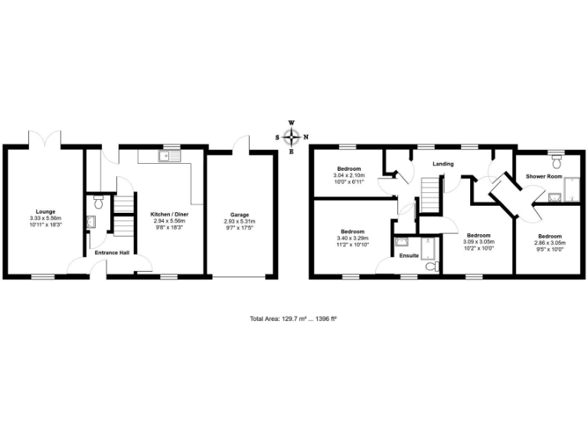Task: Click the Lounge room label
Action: pyautogui.click(x=46, y=211)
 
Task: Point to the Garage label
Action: pyautogui.click(x=239, y=215)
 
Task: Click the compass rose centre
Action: pyautogui.click(x=291, y=138)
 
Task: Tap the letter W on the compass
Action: pyautogui.click(x=291, y=122)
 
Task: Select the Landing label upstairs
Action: pyautogui.click(x=443, y=164)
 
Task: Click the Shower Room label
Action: pyautogui.click(x=544, y=176)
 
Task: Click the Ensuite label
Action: pyautogui.click(x=409, y=255)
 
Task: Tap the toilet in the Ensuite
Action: pyautogui.click(x=430, y=266)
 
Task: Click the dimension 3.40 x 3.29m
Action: pyautogui.click(x=352, y=238)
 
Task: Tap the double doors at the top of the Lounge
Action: pyautogui.click(x=46, y=139)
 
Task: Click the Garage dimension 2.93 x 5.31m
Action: pyautogui.click(x=239, y=221)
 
